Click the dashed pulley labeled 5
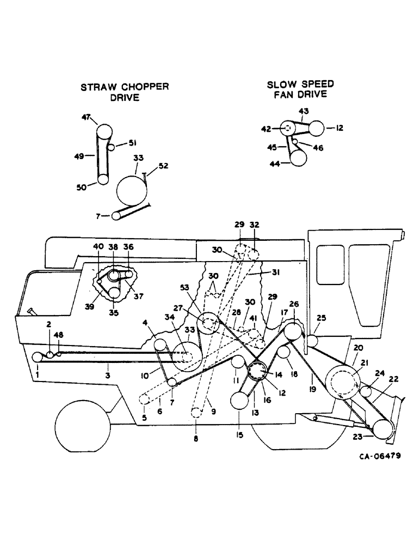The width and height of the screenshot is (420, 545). [145, 399]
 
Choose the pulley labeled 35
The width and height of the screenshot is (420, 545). [114, 293]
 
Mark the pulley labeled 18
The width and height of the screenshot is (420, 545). [283, 353]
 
